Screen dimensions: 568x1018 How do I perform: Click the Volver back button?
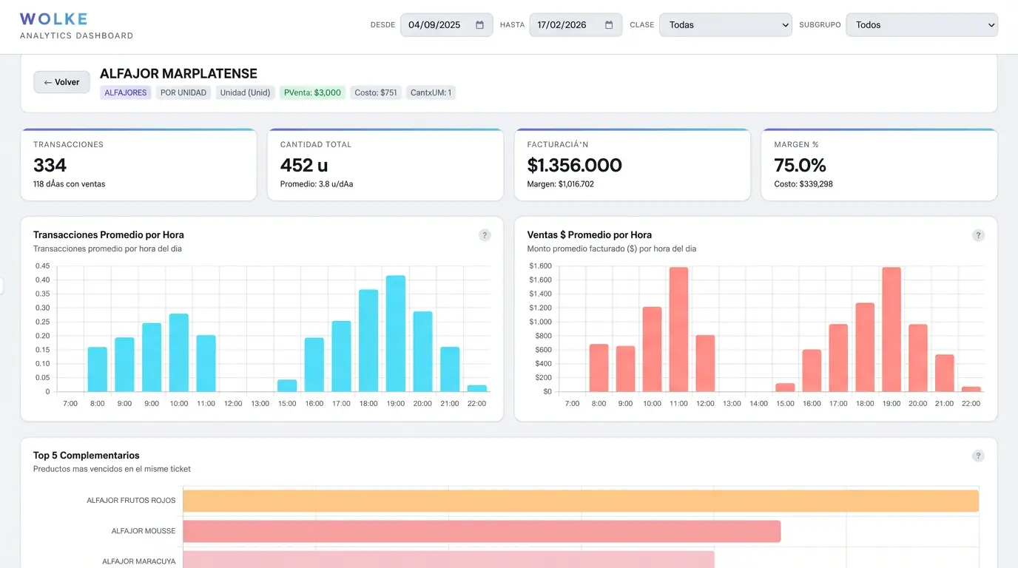(61, 82)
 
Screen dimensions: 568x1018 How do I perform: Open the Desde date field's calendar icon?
(479, 25)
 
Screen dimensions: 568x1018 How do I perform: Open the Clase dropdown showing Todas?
(725, 25)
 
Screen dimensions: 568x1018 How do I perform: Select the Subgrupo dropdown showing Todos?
(921, 25)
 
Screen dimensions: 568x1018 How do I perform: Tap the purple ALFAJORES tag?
(126, 93)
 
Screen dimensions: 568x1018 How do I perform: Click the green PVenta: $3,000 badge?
(312, 93)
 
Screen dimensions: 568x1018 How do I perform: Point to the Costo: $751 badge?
(376, 93)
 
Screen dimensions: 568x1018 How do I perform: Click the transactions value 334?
(50, 165)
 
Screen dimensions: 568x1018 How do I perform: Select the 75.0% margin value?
(800, 165)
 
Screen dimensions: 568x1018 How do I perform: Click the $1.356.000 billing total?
(574, 165)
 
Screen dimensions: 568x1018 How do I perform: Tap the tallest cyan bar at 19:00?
(396, 334)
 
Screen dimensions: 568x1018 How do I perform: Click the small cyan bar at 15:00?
(287, 385)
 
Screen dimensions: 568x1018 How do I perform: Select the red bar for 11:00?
(678, 330)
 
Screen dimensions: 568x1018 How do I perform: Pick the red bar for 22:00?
(971, 389)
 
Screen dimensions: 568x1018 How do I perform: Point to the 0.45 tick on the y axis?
(42, 266)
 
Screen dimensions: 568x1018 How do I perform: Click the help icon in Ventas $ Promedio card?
(978, 236)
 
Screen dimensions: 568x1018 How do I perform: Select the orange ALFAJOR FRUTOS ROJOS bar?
(581, 501)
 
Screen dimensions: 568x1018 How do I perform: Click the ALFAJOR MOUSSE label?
(144, 531)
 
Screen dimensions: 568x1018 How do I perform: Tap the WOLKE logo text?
(53, 19)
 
